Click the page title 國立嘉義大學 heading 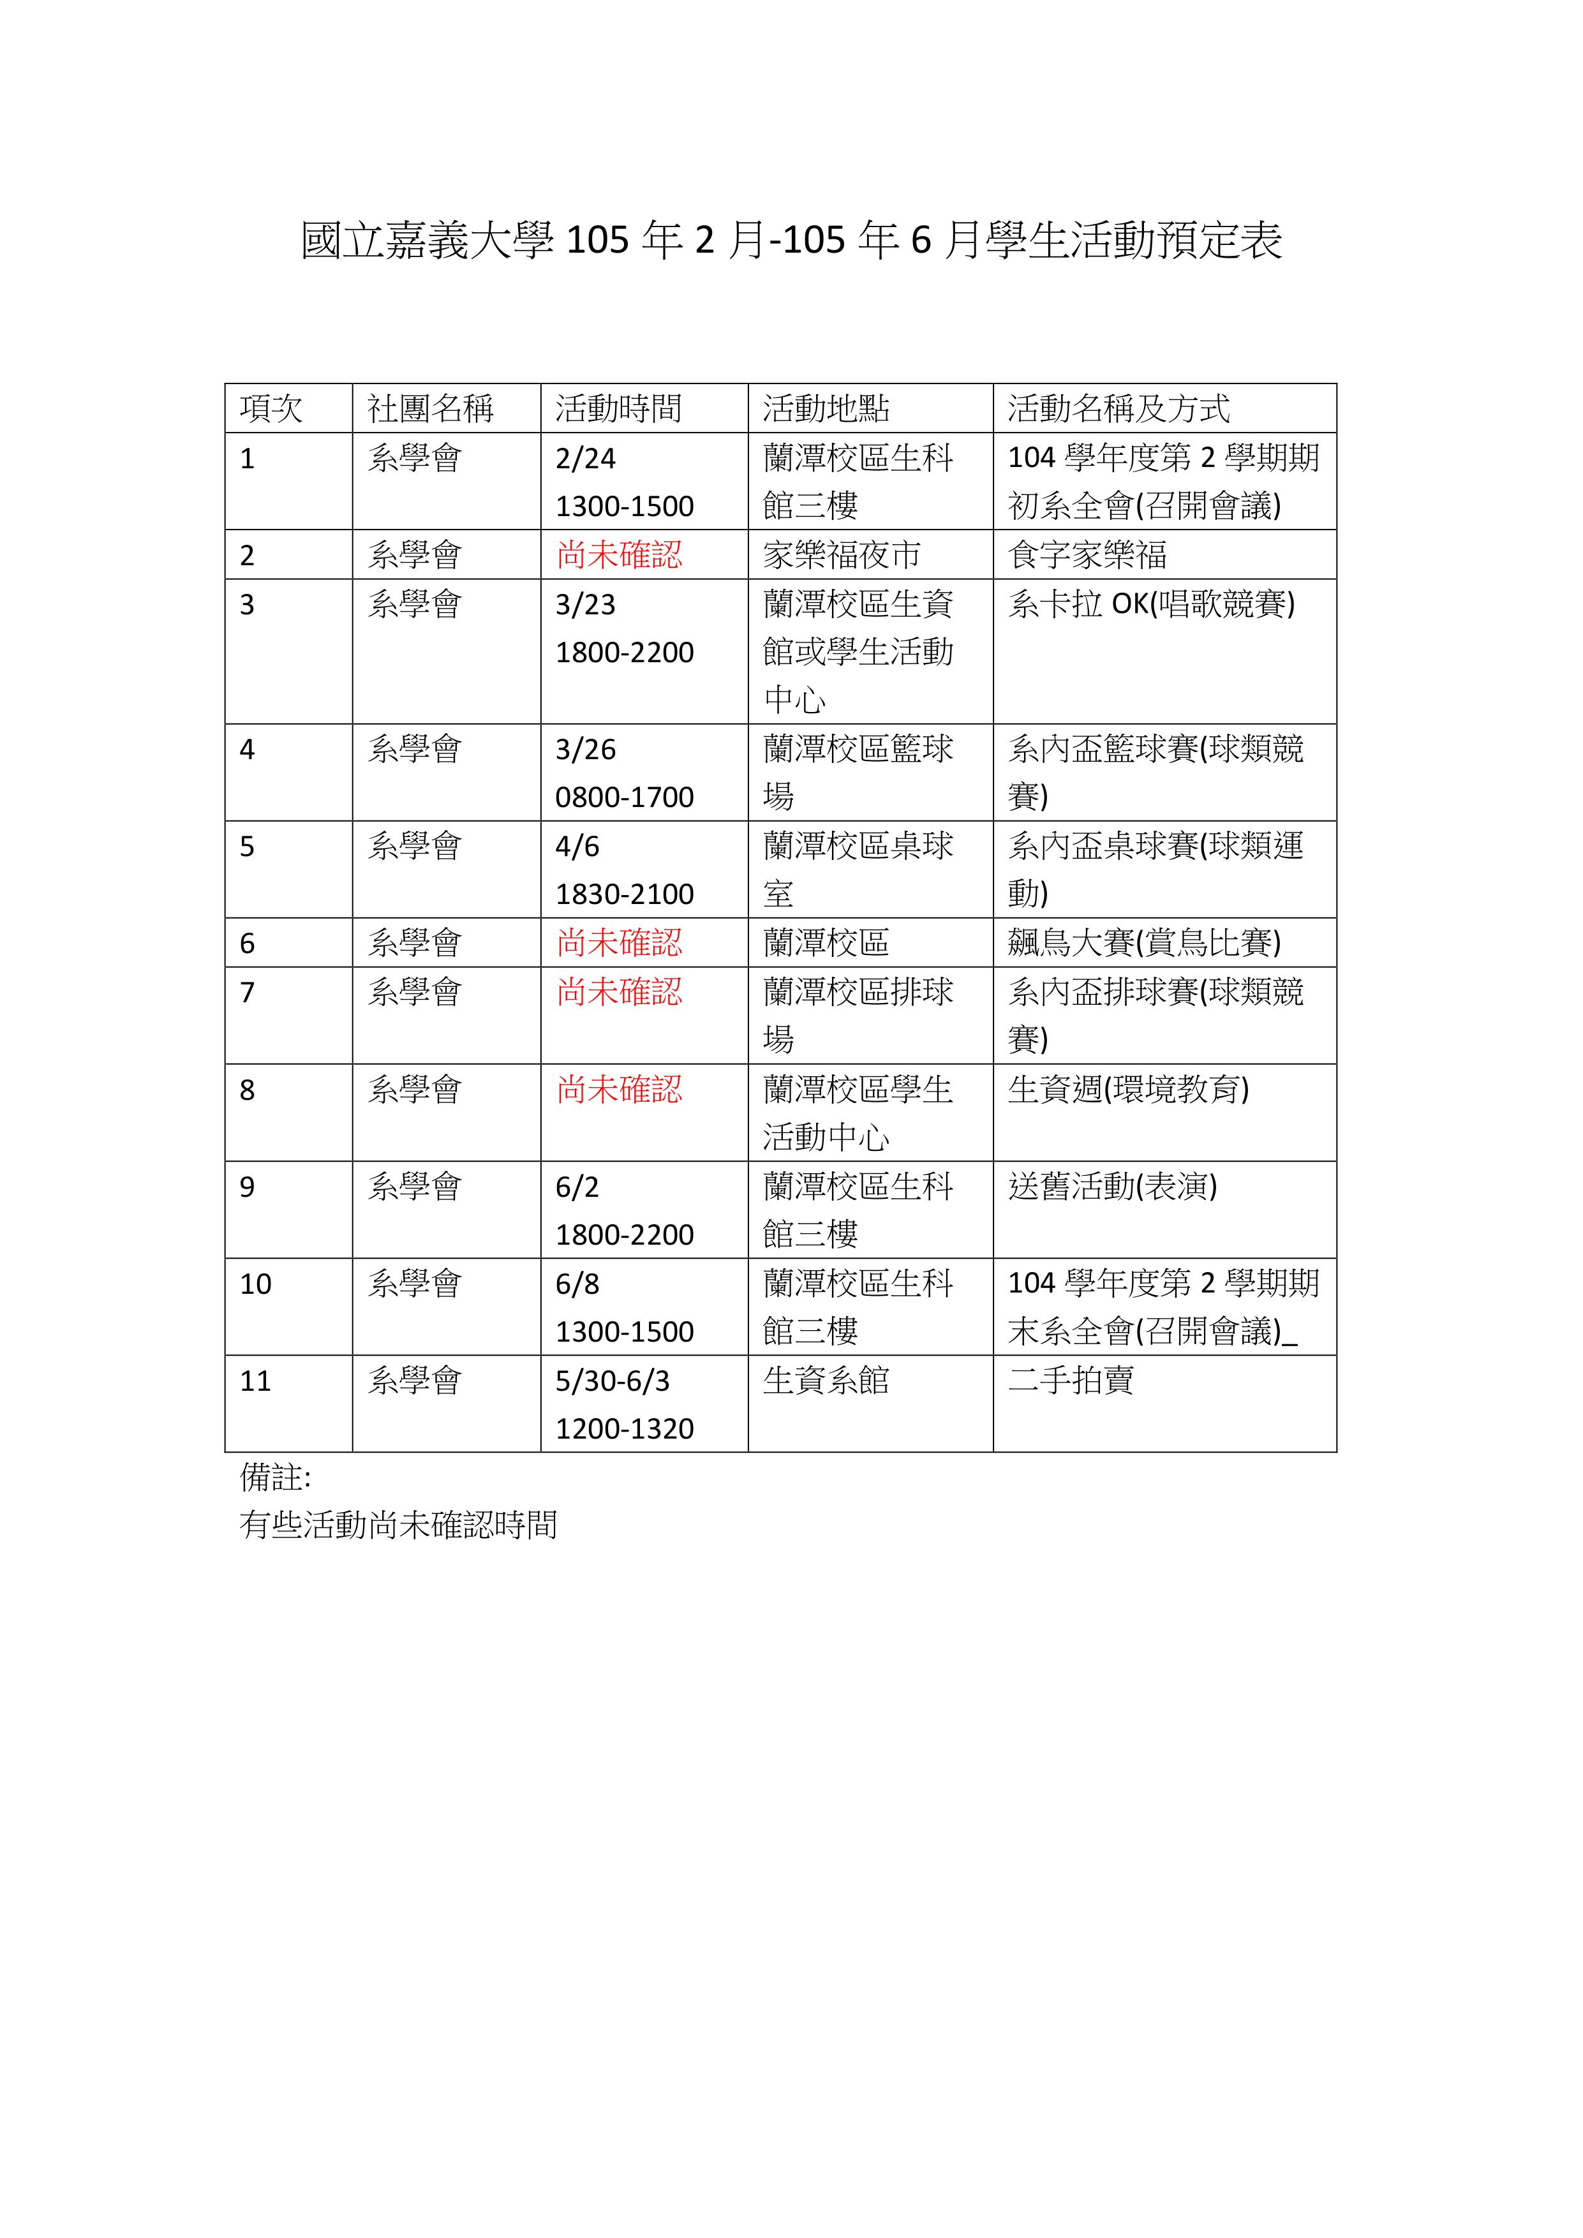(x=791, y=241)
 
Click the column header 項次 (x=271, y=408)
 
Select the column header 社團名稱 (x=430, y=408)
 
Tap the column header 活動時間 (x=618, y=408)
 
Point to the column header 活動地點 (x=826, y=408)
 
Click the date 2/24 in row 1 (x=585, y=458)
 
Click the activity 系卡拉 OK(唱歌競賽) (x=1151, y=604)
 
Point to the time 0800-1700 (x=624, y=797)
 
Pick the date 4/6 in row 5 (x=577, y=846)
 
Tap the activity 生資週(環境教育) (x=1128, y=1089)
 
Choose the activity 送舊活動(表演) (x=1112, y=1186)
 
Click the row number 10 (x=255, y=1284)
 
